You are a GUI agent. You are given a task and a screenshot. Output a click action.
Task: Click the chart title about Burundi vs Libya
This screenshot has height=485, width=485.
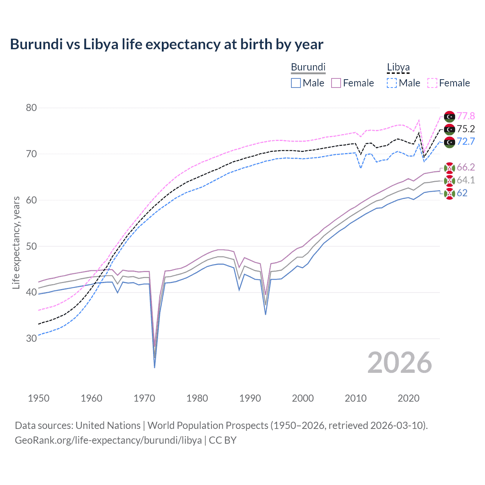coord(166,44)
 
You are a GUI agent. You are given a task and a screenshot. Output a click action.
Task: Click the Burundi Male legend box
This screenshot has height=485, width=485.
coord(296,83)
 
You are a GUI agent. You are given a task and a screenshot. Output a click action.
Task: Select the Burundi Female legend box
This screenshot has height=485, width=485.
coord(336,83)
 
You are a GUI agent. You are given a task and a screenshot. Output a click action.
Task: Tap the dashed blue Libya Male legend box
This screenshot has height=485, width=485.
coord(392,83)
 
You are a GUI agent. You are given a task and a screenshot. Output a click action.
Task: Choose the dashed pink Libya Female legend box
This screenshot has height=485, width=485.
coord(432,83)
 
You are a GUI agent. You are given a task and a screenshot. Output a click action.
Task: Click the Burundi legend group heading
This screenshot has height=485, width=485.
coord(308,67)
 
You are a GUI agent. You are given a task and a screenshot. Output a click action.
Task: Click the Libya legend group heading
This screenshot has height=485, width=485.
coord(398,67)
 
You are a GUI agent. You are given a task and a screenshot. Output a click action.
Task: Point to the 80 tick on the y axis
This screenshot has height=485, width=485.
coord(31,108)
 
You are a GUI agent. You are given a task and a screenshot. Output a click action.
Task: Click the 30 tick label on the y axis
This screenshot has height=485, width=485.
coord(31,338)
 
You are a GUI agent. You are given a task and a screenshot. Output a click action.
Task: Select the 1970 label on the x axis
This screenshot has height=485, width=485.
coord(144,398)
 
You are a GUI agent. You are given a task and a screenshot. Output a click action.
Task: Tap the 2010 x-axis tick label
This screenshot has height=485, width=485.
coord(355,398)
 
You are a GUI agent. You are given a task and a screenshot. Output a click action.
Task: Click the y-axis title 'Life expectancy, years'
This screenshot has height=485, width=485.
coord(16,242)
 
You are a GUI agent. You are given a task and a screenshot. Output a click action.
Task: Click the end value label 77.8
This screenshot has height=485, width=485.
coord(466,116)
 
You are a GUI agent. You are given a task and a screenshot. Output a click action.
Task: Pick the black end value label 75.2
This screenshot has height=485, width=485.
coord(466,129)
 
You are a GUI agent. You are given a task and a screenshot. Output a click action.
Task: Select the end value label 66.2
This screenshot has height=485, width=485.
coord(466,167)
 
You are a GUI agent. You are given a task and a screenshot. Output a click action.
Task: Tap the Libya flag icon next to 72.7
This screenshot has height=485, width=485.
coord(449,142)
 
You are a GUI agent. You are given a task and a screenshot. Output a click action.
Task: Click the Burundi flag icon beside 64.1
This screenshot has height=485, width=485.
coord(449,180)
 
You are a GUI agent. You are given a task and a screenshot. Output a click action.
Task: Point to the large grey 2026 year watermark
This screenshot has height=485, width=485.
coord(400,363)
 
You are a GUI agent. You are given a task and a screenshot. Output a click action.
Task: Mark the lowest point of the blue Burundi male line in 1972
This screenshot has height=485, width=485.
coord(155,368)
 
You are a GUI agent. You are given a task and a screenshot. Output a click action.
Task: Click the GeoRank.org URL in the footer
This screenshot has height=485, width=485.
coord(108,440)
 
